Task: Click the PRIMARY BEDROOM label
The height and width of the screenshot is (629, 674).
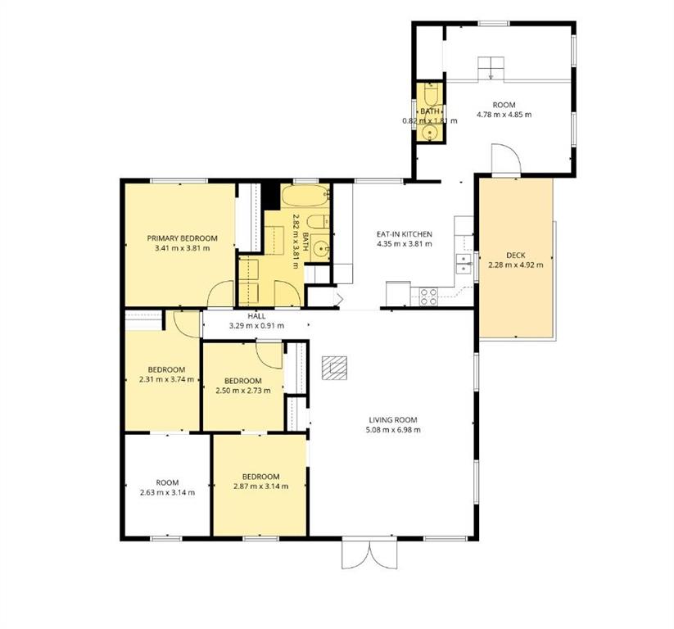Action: coord(183,238)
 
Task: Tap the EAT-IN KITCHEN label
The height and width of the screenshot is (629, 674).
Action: coord(404,234)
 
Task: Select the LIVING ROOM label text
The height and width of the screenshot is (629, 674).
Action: coord(393,420)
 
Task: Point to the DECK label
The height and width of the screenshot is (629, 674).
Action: coord(515,256)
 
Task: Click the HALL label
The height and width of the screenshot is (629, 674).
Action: coord(256,316)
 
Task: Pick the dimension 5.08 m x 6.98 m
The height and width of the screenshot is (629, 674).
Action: coord(393,429)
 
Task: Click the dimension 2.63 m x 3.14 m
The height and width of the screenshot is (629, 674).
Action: coord(167,492)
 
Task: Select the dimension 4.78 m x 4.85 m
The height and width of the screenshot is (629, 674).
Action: coord(504,115)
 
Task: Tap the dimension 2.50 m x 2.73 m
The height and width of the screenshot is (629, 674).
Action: coord(243,391)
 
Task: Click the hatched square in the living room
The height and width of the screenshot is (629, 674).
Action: coord(334,368)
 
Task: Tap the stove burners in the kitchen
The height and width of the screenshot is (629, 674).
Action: coord(428,296)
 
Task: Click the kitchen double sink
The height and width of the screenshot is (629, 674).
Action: coord(464,264)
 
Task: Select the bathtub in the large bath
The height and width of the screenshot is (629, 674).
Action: coord(305,196)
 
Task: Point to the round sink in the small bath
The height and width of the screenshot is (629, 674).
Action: coord(429,133)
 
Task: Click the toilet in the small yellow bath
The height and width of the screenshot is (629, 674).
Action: coord(430,95)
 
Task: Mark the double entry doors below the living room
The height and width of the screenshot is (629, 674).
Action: coord(369,554)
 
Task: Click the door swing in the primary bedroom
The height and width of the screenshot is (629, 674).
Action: coord(220,294)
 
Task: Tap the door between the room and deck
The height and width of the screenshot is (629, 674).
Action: coord(506,160)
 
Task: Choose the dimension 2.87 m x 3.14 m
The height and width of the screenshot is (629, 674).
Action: coord(261,486)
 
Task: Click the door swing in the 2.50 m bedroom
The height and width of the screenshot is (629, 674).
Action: coord(269,355)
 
